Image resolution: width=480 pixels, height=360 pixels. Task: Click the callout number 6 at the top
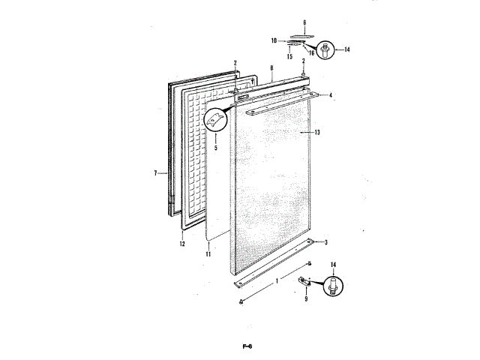[304, 23]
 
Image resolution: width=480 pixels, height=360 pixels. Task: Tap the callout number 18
[274, 40]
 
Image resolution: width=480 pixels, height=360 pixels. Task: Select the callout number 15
[289, 56]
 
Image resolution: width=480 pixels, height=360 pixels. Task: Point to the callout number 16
[311, 54]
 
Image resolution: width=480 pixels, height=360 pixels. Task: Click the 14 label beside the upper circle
[346, 50]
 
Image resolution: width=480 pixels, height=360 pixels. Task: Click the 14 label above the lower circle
[333, 265]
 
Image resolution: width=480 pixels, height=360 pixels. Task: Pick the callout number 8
[270, 67]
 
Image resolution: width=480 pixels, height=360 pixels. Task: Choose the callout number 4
[331, 95]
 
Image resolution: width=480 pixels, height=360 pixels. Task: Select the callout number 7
[155, 173]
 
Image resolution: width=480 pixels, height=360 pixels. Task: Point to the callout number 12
[182, 244]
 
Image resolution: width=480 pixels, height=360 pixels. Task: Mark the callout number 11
[208, 255]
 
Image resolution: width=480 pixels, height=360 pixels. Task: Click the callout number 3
[326, 242]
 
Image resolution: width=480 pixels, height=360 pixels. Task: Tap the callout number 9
[306, 299]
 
